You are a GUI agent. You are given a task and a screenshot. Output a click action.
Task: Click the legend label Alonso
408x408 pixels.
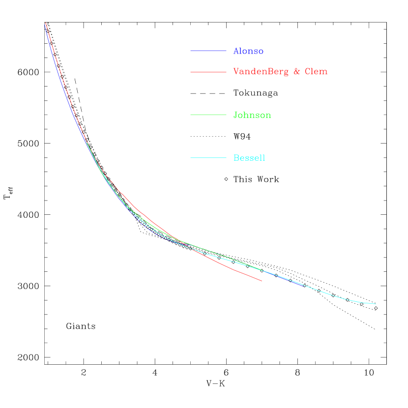point(248,51)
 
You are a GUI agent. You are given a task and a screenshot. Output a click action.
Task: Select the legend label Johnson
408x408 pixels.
point(252,116)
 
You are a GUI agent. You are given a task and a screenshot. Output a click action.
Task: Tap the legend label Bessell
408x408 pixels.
point(249,158)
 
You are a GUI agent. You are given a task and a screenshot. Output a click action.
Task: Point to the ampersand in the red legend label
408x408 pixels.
point(297,72)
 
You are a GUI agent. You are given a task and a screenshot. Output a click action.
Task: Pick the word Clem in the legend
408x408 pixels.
point(316,72)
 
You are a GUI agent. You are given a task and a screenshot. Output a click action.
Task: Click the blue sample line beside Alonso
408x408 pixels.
point(208,51)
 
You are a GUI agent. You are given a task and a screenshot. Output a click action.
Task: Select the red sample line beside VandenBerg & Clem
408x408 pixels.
point(208,72)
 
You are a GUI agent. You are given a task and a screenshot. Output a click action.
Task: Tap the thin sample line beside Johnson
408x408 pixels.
point(208,115)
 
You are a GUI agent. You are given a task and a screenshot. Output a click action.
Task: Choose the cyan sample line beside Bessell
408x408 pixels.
point(208,158)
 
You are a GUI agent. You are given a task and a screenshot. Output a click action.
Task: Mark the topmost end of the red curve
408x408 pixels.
point(45,23)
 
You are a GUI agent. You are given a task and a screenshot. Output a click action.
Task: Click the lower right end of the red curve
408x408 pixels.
point(262,281)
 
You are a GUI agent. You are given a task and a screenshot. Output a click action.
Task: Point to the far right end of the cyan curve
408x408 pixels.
point(376,304)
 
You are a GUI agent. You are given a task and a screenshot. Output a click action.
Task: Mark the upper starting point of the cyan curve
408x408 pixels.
point(87,142)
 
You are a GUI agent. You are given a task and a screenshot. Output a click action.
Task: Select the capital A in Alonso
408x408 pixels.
point(236,51)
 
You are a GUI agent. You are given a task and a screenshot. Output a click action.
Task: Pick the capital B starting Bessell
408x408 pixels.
point(236,158)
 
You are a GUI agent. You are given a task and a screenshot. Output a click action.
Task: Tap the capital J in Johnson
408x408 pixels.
point(235,116)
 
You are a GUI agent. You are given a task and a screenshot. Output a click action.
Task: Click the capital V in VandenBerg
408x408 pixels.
point(236,72)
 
